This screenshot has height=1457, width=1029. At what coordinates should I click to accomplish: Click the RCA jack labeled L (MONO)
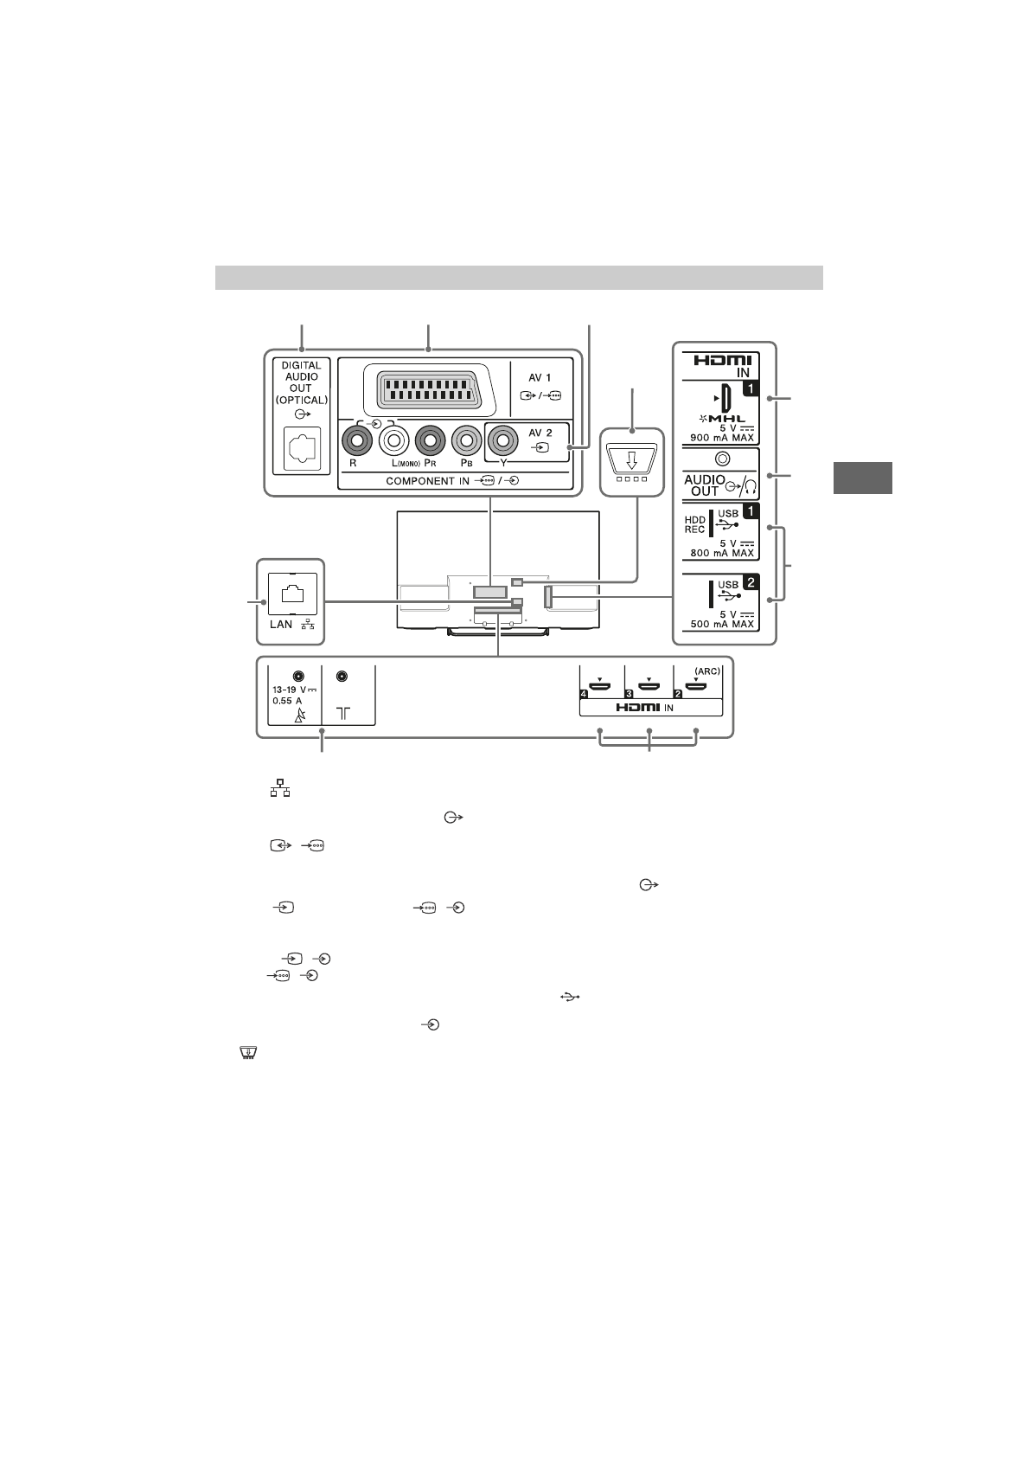click(394, 441)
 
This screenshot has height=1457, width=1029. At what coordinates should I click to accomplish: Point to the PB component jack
click(466, 441)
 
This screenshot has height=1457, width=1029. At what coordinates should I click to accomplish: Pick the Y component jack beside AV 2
click(502, 441)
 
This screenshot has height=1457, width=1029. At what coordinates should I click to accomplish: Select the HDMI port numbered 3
click(649, 688)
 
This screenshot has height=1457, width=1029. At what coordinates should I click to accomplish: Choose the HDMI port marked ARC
click(697, 688)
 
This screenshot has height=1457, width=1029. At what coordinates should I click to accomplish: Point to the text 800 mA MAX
click(722, 553)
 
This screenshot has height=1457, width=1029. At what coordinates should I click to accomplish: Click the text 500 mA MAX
click(722, 624)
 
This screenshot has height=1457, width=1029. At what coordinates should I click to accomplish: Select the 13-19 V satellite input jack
click(298, 676)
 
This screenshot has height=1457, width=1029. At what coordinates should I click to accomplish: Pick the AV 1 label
click(540, 378)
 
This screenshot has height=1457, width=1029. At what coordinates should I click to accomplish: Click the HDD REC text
click(695, 524)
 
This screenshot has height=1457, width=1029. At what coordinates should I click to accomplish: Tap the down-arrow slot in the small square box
click(631, 459)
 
